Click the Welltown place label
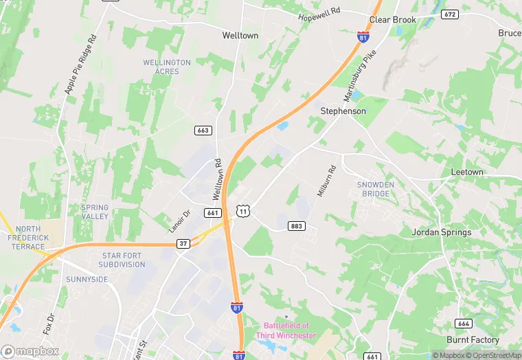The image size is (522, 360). tap(239, 34)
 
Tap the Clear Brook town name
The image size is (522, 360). tap(393, 20)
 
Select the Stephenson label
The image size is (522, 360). tap(343, 111)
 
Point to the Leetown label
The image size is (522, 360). tap(467, 172)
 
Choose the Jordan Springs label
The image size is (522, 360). tap(441, 232)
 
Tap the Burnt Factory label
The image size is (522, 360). tap(473, 340)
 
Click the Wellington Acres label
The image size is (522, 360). tap(167, 67)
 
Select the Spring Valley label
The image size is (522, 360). tap(95, 212)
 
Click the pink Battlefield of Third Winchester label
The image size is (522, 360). tap(286, 330)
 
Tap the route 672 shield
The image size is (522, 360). tap(450, 14)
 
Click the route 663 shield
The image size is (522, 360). tap(203, 130)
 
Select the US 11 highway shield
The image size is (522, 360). tap(242, 210)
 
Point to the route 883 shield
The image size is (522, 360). tap(297, 226)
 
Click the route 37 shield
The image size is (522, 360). tap(182, 243)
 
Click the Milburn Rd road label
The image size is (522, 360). tap(326, 181)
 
